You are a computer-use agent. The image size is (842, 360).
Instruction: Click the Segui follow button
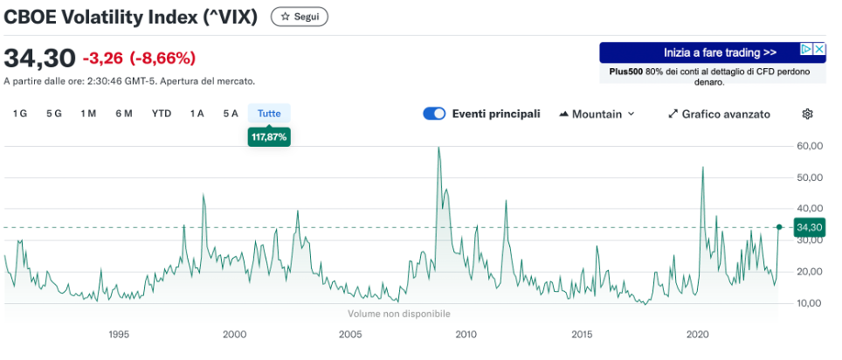300,17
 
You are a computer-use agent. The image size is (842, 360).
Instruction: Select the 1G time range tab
19,114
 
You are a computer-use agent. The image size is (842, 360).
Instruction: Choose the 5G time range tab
54,114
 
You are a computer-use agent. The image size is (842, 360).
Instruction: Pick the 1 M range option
88,114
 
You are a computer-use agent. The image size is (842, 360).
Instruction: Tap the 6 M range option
124,114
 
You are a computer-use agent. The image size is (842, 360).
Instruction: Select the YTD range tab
162,114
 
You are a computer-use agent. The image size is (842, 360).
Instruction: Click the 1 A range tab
197,114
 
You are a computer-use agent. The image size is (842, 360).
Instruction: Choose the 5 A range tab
231,114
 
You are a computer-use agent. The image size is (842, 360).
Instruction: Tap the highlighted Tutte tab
269,114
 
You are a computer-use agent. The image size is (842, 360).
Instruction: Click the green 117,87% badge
269,137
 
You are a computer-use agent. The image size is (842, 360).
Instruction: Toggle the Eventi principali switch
434,114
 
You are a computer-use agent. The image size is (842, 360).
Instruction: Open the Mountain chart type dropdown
597,114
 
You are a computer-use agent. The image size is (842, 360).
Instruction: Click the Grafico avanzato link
719,114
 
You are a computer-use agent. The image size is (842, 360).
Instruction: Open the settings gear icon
808,114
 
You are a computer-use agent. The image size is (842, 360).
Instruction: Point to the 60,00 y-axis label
811,146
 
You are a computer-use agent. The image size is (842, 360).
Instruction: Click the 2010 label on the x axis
466,335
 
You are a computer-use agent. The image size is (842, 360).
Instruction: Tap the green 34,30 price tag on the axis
810,227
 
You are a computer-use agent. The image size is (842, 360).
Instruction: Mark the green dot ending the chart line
779,226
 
